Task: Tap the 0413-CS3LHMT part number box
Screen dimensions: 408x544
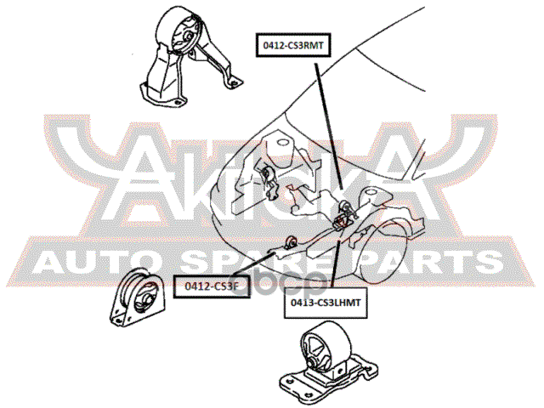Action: point(323,303)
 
